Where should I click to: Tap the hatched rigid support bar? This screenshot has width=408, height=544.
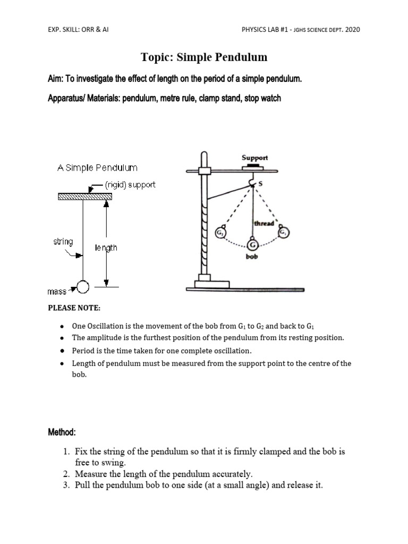tap(84, 197)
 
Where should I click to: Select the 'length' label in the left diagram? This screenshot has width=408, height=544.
tap(106, 248)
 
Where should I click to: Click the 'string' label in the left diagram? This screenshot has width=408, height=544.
tap(63, 242)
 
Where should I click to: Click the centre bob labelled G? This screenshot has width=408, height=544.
tap(252, 245)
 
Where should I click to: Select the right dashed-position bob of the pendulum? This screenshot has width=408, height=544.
tap(284, 232)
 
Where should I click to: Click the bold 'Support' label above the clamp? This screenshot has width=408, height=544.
tap(255, 158)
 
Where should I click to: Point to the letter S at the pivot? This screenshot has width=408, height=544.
tap(260, 183)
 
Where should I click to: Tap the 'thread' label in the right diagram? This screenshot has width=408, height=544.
tap(264, 224)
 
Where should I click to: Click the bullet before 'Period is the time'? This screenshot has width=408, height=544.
tap(62, 351)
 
